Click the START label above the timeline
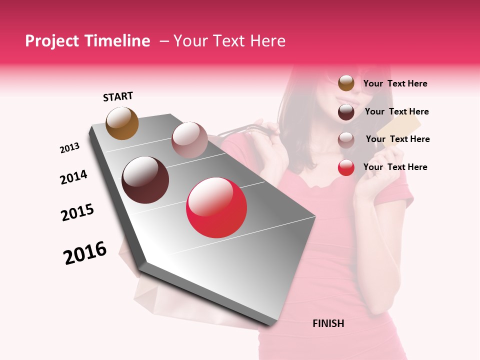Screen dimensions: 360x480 (x=118, y=96)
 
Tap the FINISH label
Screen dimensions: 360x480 (x=328, y=323)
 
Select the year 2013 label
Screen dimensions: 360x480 (x=69, y=148)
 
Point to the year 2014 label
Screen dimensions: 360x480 (x=73, y=177)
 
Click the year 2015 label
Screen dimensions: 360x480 (x=77, y=212)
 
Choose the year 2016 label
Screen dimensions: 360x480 (x=85, y=253)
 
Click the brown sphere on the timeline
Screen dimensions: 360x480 (x=122, y=123)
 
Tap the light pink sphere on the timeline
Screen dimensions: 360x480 (x=189, y=139)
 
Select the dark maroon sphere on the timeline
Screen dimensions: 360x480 (x=145, y=180)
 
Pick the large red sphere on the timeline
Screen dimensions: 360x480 (x=216, y=207)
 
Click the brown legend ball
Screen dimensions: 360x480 (x=346, y=83)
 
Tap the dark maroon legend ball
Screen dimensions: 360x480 (x=346, y=112)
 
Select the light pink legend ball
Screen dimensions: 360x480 (x=346, y=140)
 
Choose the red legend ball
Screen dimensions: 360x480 (x=346, y=167)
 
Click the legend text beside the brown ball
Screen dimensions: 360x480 (x=395, y=83)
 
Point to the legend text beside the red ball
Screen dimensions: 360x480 (x=395, y=167)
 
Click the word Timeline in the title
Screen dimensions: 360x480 (x=116, y=41)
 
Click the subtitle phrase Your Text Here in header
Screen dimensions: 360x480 (x=229, y=41)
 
